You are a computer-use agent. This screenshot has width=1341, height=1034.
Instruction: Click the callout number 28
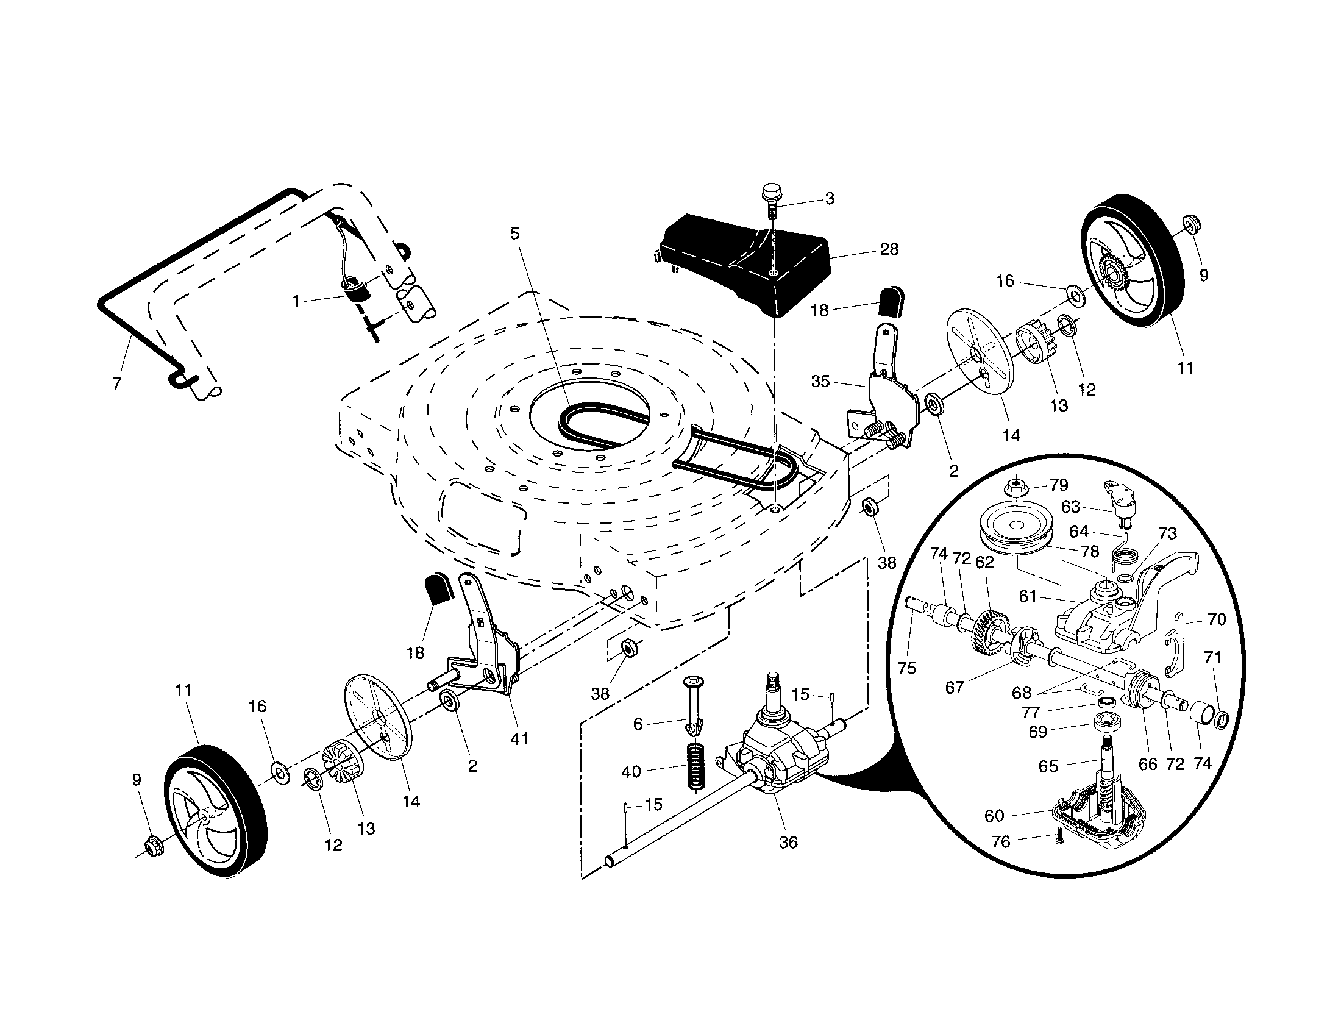[x=889, y=249]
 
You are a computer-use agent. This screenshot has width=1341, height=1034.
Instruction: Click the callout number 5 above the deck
[x=514, y=234]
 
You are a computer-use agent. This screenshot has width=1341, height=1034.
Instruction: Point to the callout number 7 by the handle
[x=116, y=383]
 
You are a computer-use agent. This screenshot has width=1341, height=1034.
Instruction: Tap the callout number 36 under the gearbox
[x=788, y=843]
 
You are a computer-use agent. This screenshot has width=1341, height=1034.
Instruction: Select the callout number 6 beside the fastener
[x=638, y=724]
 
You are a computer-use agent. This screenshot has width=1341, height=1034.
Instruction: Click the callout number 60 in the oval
[x=994, y=816]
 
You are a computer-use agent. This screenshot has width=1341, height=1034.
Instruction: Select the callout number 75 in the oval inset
[x=906, y=668]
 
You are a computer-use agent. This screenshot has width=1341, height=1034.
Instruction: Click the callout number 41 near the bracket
[x=519, y=740]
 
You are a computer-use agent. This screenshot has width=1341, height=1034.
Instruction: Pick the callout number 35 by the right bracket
[x=820, y=381]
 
